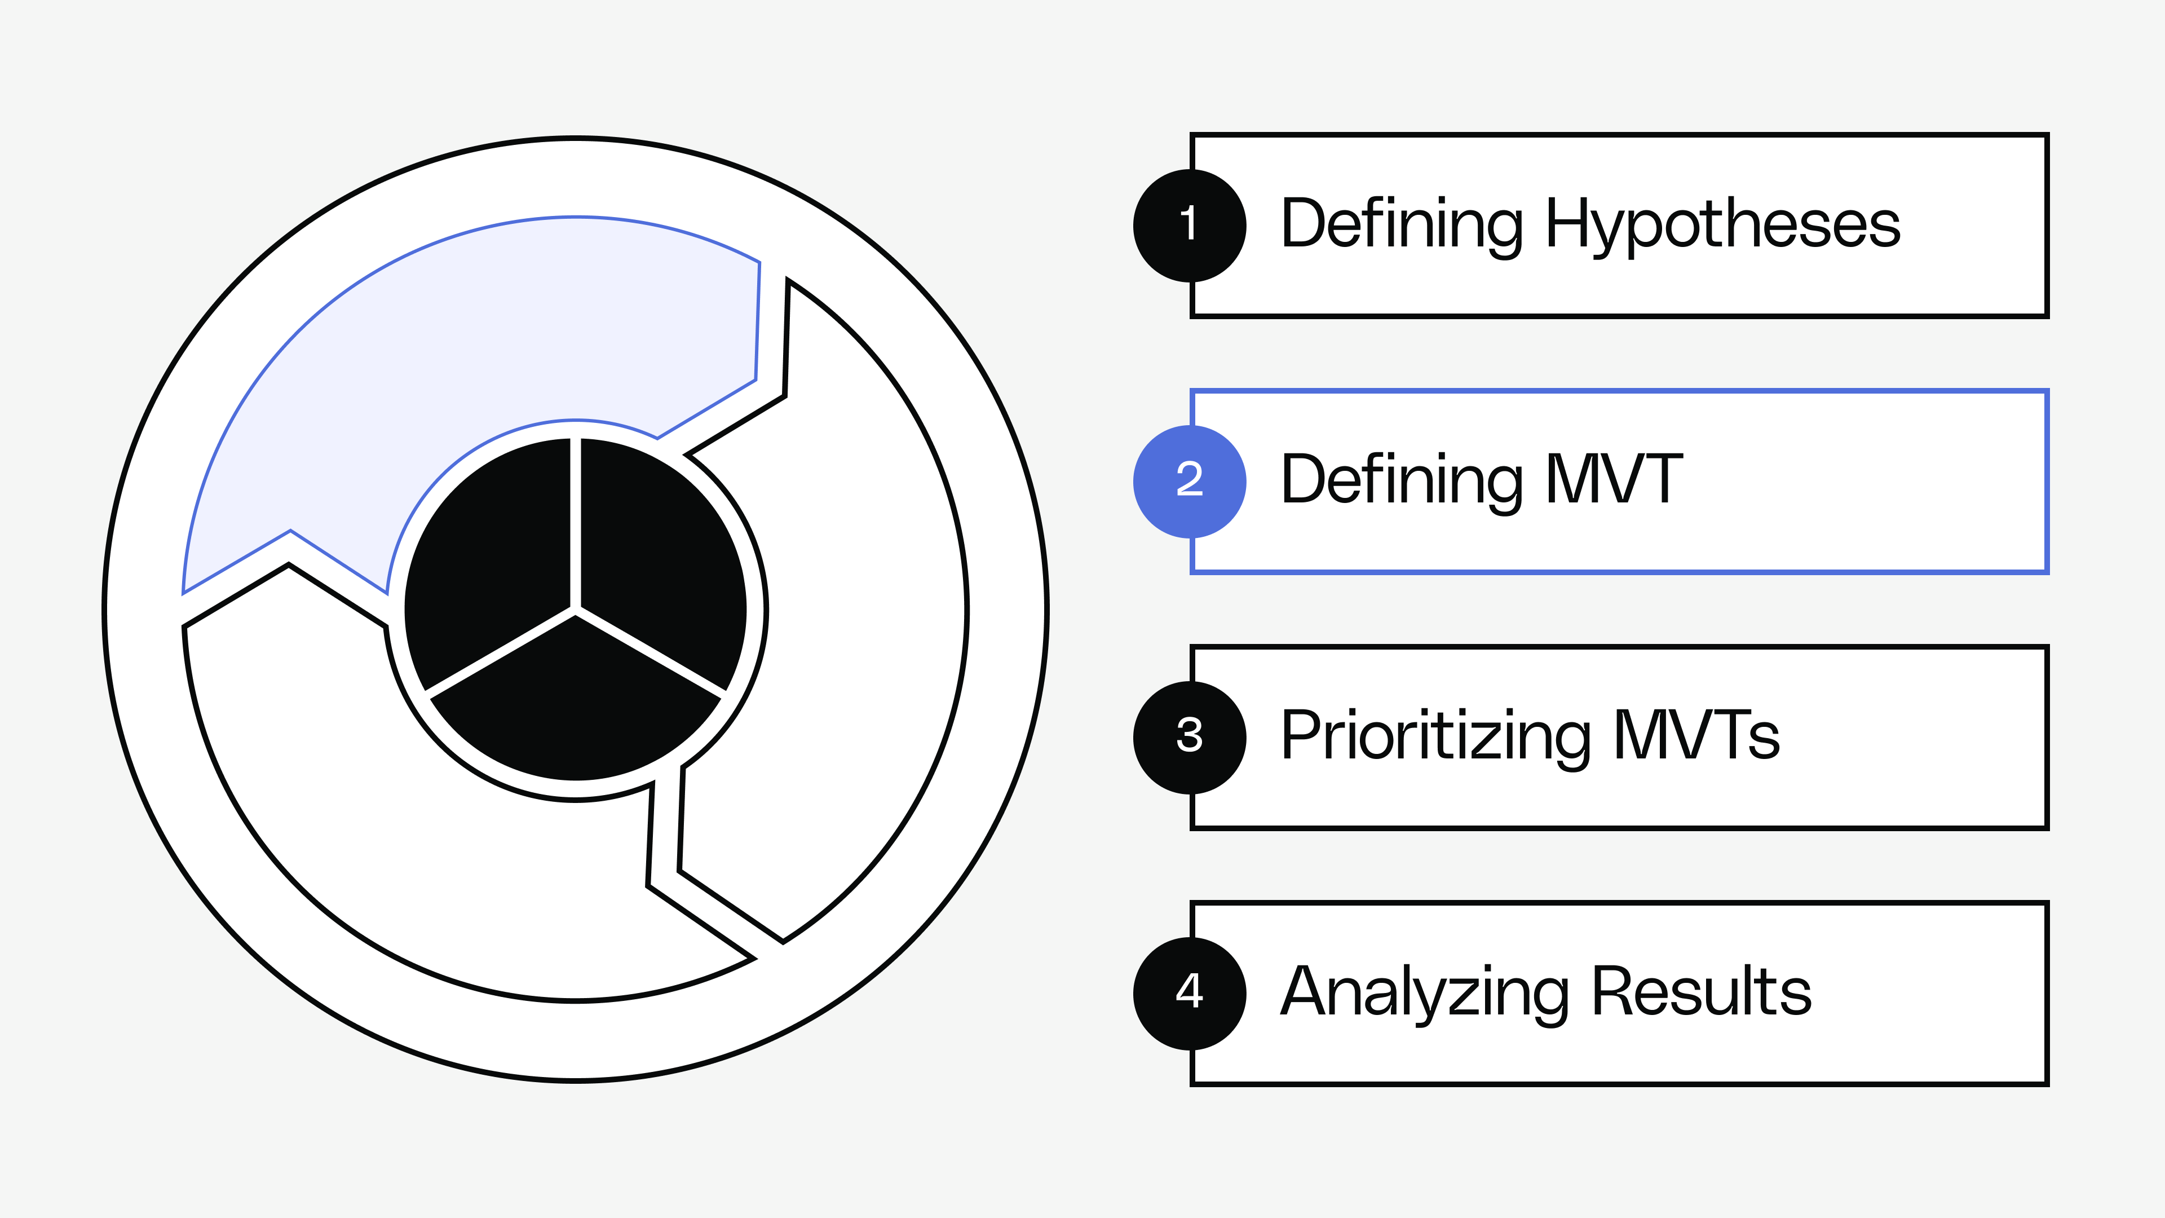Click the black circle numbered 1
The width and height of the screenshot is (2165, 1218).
1189,226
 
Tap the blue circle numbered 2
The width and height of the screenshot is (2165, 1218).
1189,482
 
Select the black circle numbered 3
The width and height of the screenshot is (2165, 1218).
1189,737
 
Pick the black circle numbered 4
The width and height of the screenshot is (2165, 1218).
1189,992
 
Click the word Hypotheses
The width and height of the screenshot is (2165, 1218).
1723,226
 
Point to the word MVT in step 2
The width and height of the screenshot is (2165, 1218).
1615,479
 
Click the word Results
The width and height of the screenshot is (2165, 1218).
1702,992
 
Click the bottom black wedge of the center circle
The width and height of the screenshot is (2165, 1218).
576,714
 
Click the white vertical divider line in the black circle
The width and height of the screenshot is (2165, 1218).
576,521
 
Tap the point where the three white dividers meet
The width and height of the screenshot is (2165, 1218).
576,610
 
